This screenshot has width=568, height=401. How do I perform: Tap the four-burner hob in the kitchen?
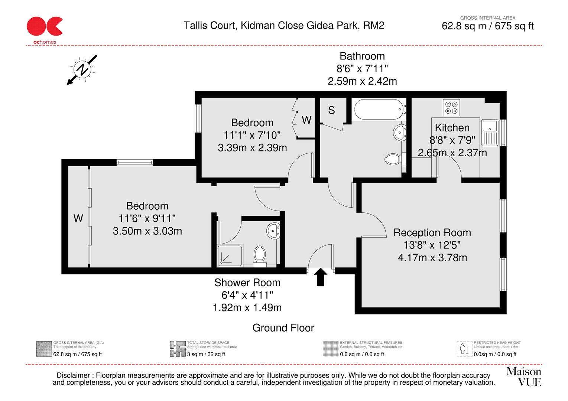coord(451,107)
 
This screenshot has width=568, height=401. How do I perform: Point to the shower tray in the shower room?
coord(230,255)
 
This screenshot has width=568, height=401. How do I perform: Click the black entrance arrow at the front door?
coord(321,277)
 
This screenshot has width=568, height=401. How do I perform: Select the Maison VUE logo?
coord(524,376)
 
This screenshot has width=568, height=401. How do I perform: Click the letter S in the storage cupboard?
coord(332,110)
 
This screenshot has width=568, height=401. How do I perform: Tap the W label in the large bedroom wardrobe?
coord(78,218)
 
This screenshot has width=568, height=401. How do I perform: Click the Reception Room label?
coord(432,233)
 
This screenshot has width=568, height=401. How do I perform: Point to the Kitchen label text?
coord(452,128)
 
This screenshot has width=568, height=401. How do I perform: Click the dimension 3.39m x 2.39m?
coord(252,148)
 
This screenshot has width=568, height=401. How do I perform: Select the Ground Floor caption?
coord(283,328)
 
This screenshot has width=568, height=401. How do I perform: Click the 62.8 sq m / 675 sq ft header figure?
coord(487,26)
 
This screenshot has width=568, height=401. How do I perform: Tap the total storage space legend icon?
coord(178,349)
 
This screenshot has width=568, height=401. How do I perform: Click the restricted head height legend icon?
coord(463,349)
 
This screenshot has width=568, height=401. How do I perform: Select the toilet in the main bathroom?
coord(392,160)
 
